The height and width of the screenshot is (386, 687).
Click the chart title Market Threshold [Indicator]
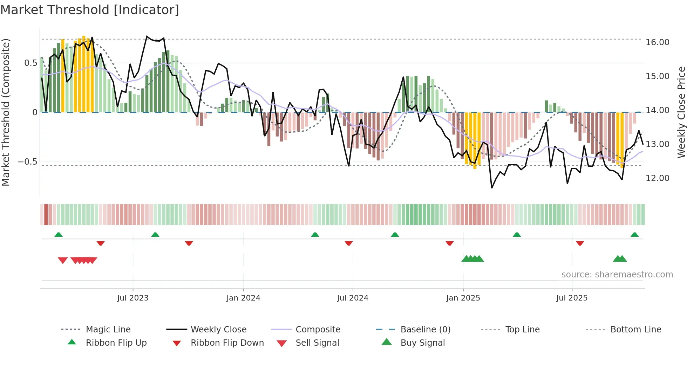[x=90, y=10]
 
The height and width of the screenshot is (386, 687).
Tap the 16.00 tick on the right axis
[x=657, y=42]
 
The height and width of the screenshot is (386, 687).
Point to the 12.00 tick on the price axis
[x=657, y=178]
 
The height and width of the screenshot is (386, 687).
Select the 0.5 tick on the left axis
[x=30, y=63]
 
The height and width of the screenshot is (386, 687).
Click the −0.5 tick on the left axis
[x=27, y=162]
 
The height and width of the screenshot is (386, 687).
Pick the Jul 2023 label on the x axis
[x=133, y=298]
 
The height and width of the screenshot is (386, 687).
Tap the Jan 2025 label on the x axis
[x=463, y=298]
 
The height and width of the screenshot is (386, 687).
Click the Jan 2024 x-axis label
[x=243, y=298]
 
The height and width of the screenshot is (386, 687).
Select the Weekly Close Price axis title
[x=681, y=112]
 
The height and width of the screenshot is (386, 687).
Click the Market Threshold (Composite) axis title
[x=6, y=112]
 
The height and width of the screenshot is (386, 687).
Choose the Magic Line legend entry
[x=108, y=330]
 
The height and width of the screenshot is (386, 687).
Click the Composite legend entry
[x=318, y=330]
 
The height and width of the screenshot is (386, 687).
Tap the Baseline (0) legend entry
[x=425, y=330]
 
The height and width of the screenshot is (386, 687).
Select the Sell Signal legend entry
[x=317, y=343]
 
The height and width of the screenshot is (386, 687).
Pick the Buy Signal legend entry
[x=422, y=343]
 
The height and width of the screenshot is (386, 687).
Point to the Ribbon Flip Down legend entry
[x=227, y=343]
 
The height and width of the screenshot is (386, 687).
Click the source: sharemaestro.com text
[x=617, y=275]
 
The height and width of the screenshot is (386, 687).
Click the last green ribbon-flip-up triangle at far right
[x=634, y=235]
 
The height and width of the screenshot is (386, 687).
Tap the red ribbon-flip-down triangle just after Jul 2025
[x=580, y=243]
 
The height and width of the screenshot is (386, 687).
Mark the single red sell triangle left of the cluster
[x=63, y=260]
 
